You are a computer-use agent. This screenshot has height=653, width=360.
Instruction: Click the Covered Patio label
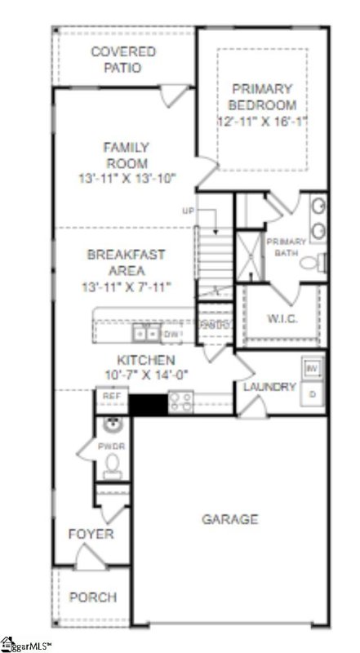[x=123, y=60]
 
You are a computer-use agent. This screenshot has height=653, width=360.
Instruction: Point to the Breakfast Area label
[x=127, y=262]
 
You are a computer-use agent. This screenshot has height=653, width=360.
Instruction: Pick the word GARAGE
[x=231, y=519]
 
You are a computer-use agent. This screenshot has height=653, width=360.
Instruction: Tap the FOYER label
[x=91, y=535]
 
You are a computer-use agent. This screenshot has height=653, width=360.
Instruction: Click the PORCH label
[x=92, y=597]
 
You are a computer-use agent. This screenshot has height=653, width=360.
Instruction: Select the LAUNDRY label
[x=269, y=386]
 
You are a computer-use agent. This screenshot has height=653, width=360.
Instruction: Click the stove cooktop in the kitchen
[x=180, y=400]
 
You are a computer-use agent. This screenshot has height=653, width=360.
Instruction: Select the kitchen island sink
[x=147, y=333]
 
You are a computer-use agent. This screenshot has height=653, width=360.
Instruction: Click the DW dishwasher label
[x=171, y=334]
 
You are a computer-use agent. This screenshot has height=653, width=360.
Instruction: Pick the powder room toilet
[x=112, y=464]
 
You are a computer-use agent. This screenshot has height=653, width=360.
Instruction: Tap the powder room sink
[x=113, y=424]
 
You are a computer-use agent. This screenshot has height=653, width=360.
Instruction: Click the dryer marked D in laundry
[x=312, y=394]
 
